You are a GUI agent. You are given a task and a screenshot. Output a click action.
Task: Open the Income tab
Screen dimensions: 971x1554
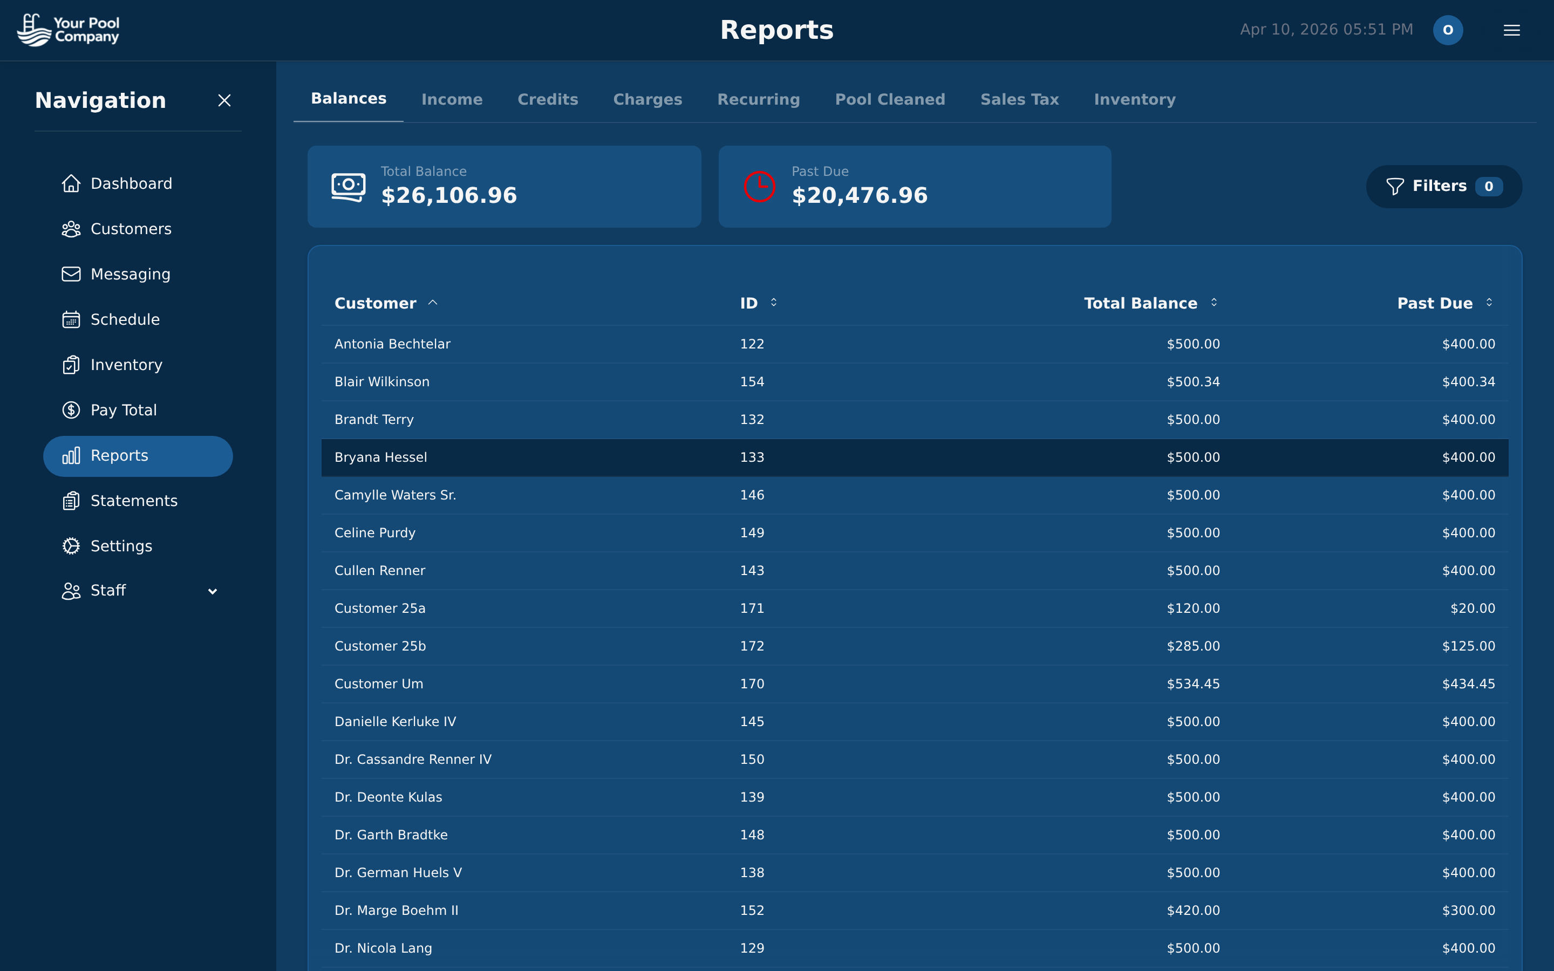point(452,100)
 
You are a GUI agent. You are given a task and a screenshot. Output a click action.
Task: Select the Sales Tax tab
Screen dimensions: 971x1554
point(1019,100)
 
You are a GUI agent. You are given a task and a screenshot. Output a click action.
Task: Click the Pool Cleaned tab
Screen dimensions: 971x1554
point(889,100)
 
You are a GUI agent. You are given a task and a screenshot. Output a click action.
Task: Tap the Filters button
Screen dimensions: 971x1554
point(1443,186)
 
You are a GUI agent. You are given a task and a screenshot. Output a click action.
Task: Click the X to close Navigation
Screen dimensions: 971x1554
point(224,101)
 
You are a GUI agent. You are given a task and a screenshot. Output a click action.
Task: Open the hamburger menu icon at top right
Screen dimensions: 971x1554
point(1511,30)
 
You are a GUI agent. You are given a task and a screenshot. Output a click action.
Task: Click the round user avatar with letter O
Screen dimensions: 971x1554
point(1447,30)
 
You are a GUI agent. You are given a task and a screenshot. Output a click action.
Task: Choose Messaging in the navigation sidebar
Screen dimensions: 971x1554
point(131,274)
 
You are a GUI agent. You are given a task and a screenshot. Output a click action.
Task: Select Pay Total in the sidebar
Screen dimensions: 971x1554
point(123,410)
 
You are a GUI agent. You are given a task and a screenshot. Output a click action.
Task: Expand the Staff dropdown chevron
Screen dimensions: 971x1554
point(213,591)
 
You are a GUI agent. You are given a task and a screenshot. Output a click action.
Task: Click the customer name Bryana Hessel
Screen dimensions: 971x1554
point(381,457)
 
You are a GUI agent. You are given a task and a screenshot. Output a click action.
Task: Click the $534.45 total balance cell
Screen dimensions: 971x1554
point(1192,684)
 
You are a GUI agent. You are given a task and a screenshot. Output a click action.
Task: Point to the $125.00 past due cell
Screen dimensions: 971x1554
point(1468,646)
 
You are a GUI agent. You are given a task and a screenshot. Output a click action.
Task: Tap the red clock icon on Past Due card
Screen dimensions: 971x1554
point(759,187)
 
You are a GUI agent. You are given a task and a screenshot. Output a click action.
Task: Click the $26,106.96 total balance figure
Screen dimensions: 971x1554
point(449,195)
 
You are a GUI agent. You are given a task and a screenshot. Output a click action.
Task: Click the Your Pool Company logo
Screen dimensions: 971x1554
point(69,30)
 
